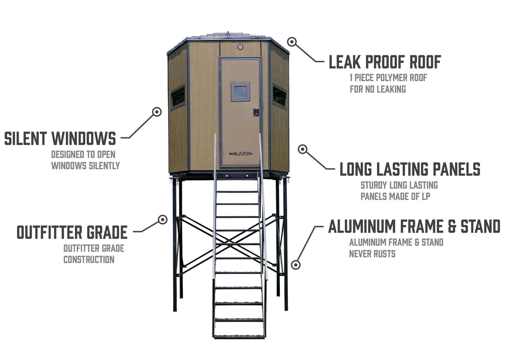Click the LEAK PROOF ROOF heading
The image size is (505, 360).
(x=385, y=62)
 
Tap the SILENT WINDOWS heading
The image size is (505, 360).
(x=60, y=138)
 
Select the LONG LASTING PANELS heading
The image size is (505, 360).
(x=410, y=169)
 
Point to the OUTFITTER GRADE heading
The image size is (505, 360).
(x=72, y=232)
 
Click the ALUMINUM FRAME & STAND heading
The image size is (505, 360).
(x=414, y=226)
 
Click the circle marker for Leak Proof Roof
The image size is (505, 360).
(x=292, y=42)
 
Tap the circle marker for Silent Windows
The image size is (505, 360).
(x=157, y=112)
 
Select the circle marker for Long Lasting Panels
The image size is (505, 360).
(x=303, y=149)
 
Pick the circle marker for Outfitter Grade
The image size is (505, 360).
(x=163, y=220)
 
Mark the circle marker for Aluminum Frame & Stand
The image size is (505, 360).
(x=296, y=265)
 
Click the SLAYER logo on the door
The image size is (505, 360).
(x=241, y=154)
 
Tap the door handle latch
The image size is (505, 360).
(x=256, y=112)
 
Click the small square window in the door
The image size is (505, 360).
(x=240, y=92)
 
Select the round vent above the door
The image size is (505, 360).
(x=240, y=47)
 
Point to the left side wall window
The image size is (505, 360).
(x=178, y=97)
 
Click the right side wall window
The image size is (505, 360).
(x=280, y=97)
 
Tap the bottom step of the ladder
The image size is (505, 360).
(x=239, y=337)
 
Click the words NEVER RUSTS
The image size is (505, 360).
(x=372, y=254)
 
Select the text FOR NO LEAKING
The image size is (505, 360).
(x=378, y=89)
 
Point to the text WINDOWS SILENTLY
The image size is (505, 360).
(x=86, y=166)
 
